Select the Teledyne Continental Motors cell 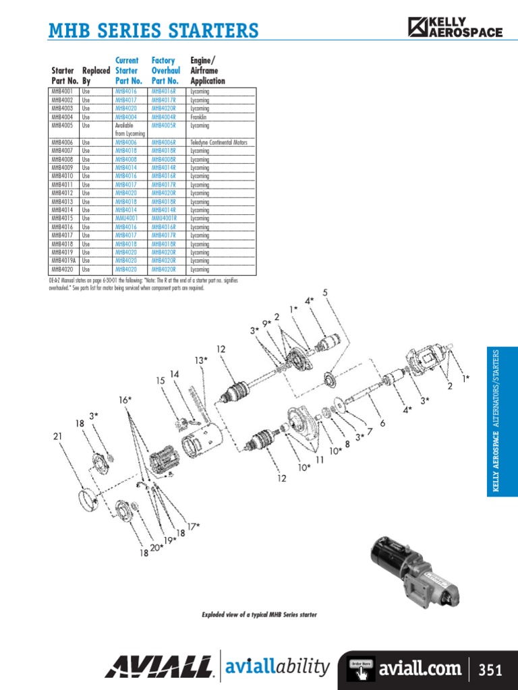219,142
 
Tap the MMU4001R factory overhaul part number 164,218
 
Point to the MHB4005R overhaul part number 164,125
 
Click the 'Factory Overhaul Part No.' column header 164,71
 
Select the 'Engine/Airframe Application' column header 208,71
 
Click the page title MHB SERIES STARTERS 154,30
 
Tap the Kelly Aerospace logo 455,26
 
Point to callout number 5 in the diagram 325,292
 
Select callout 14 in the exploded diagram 174,374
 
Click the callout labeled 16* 125,400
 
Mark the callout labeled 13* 202,360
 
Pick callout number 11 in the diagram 319,460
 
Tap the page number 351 490,670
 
